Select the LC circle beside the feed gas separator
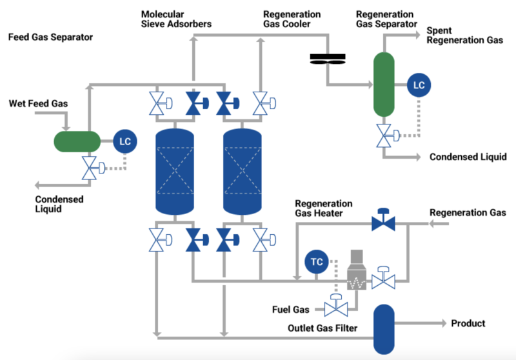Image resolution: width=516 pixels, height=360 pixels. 125,141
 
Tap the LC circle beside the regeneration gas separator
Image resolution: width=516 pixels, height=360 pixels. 419,85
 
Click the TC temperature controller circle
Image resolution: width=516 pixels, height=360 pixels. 317,262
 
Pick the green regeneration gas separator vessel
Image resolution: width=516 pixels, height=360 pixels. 384,84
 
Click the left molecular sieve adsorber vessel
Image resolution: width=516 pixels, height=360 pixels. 175,171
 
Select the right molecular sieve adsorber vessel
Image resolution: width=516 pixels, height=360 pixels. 241,171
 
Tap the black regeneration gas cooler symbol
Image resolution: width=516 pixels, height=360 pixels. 328,59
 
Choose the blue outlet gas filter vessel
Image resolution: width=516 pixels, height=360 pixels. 384,328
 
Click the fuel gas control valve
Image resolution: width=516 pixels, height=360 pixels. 335,306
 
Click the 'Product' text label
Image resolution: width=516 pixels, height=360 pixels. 468,323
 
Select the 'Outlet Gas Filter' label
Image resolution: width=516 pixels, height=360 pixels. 322,328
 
